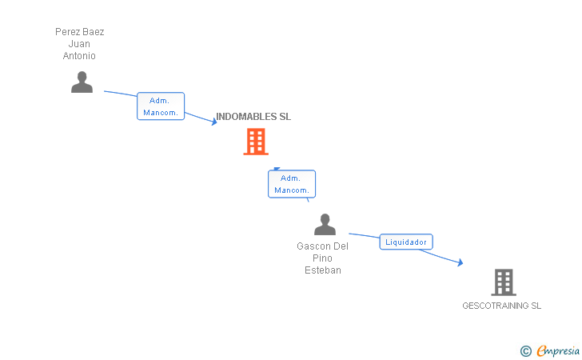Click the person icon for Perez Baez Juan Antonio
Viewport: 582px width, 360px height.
(x=82, y=82)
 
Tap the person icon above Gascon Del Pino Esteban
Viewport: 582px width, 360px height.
(x=325, y=224)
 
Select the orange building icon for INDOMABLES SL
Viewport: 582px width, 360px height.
(x=255, y=142)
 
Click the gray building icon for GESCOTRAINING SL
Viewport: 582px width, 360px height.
(x=503, y=282)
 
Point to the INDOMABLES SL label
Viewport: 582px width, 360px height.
(x=253, y=117)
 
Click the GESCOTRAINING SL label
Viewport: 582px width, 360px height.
(x=501, y=306)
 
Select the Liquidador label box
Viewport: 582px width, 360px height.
(x=406, y=242)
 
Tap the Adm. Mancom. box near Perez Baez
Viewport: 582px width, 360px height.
(x=161, y=106)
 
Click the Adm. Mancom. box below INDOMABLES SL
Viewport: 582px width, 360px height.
(x=291, y=184)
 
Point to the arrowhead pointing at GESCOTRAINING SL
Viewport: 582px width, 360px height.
(x=460, y=262)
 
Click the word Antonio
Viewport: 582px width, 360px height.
(x=79, y=56)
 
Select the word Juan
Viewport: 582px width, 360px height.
(x=79, y=44)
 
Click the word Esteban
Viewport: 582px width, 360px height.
(x=323, y=270)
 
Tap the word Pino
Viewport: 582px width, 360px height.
(x=323, y=258)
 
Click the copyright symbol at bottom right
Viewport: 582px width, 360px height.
(x=525, y=350)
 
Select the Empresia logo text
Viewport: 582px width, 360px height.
(x=558, y=350)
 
